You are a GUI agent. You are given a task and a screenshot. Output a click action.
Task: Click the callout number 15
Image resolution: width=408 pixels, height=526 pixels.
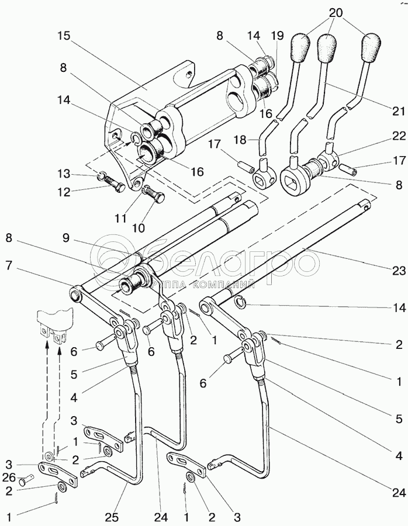click(64, 36)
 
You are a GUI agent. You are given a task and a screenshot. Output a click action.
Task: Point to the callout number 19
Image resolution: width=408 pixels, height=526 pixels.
click(277, 36)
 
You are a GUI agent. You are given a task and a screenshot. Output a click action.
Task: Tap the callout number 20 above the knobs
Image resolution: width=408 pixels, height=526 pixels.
click(336, 13)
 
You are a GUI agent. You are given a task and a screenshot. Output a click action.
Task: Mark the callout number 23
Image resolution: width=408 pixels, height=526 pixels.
click(399, 271)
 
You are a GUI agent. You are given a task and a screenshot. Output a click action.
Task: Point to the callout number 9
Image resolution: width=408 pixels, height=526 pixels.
click(65, 238)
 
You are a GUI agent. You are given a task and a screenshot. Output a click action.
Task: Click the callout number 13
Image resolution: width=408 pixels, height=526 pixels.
click(63, 174)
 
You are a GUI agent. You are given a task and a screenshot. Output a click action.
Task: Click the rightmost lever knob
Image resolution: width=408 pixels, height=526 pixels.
click(371, 47)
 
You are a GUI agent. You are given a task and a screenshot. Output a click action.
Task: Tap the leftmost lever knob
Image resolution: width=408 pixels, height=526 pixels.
click(300, 47)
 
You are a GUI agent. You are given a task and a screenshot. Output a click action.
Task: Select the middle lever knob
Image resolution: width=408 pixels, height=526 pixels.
click(327, 47)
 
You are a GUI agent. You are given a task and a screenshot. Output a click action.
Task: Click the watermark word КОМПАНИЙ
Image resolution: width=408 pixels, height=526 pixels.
click(224, 285)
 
